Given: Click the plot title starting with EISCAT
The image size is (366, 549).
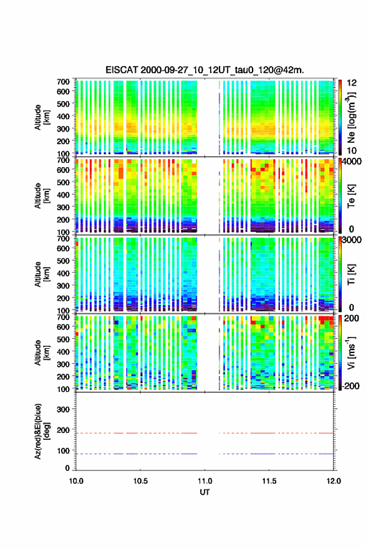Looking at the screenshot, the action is (205, 70).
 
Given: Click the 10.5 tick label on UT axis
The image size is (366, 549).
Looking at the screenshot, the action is (140, 481).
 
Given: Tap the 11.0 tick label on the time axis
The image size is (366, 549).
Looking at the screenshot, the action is (205, 481).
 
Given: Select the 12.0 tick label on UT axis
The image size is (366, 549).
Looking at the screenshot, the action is (334, 481).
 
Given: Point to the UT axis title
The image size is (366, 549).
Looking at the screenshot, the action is (205, 492).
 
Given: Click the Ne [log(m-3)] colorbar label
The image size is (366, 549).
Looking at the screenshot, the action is (351, 117).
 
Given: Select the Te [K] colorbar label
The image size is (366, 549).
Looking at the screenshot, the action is (351, 196).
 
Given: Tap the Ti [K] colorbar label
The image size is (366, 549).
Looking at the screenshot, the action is (351, 274).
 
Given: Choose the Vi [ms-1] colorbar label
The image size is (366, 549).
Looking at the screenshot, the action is (351, 352).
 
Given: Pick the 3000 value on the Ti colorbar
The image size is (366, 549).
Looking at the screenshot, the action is (352, 240).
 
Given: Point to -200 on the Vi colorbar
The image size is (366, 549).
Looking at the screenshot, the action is (349, 386).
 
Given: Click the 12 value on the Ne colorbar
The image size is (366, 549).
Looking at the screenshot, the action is (352, 83).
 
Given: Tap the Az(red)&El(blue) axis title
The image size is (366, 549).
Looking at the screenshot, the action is (41, 431).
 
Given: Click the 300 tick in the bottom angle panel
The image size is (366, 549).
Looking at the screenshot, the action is (63, 409).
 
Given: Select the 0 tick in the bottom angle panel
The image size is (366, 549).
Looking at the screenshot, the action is (67, 468).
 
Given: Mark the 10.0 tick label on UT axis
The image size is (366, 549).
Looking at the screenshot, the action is (76, 481).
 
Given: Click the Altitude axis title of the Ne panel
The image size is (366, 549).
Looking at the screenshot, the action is (41, 117).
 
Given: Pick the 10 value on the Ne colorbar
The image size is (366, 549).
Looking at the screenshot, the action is (352, 150).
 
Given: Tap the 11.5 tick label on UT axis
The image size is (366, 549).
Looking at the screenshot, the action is (269, 481).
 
